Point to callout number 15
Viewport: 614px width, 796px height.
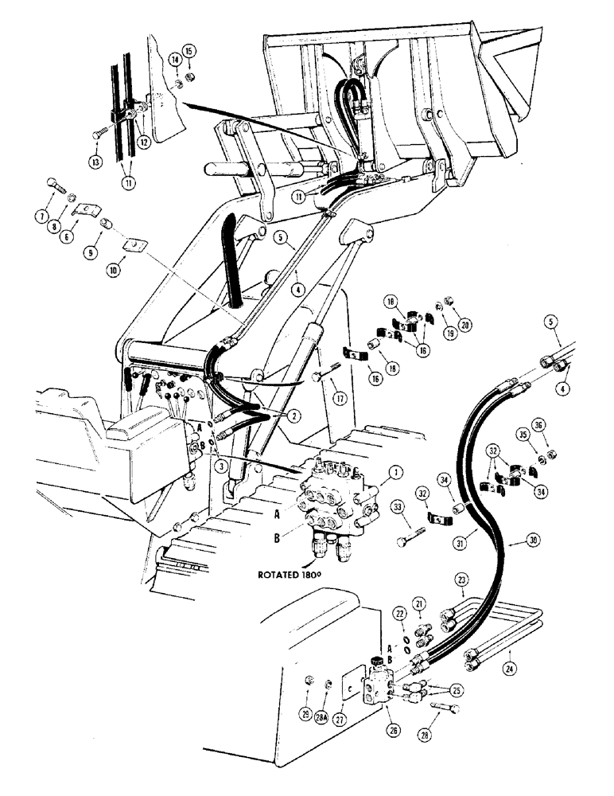pyautogui.click(x=190, y=53)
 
